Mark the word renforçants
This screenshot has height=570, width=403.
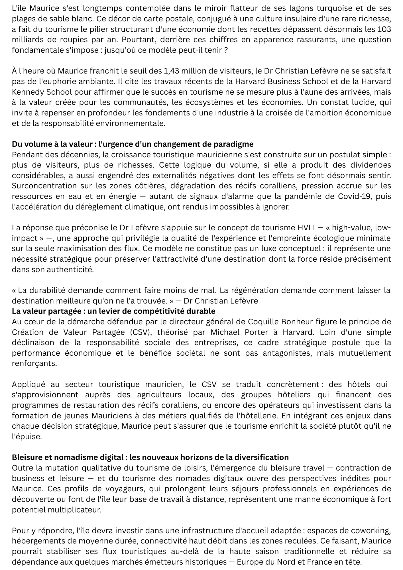coord(34,363)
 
